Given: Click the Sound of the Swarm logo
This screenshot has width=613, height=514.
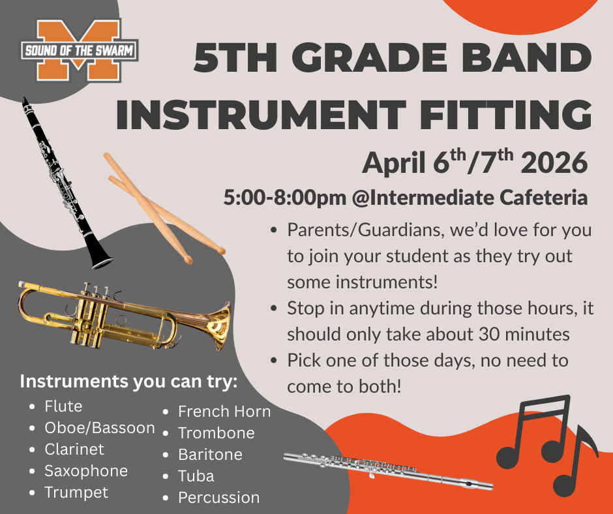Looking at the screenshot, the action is point(80,50).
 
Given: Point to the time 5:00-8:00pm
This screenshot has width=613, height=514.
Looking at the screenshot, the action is point(284,198).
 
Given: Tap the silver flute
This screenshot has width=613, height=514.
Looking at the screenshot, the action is point(388,471).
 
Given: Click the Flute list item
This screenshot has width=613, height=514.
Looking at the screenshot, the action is point(63,406).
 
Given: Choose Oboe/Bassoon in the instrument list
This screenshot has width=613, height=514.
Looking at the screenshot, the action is point(100,428).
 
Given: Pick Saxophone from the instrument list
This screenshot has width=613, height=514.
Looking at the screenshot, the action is point(86,471).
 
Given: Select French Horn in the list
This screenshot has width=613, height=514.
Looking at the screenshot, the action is point(224,412).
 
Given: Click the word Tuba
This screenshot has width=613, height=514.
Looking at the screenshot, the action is point(196,476).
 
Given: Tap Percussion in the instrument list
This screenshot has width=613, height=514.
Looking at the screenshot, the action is point(219,498).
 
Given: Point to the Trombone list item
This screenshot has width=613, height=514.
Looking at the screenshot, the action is point(217,433).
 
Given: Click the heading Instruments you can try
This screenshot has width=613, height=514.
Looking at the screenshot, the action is point(128,382).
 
